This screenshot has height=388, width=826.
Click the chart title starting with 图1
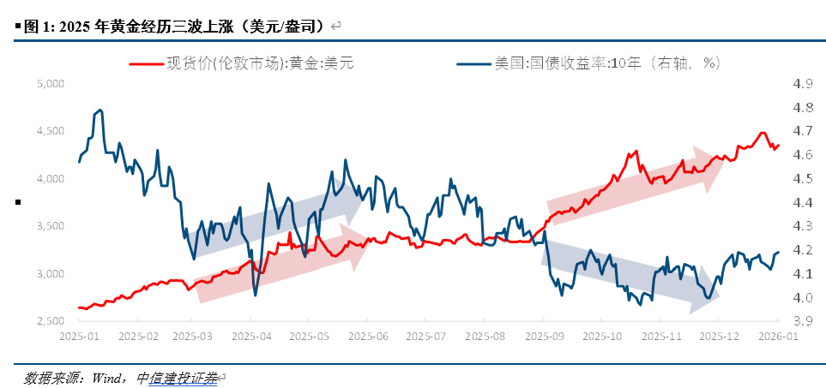click(172, 27)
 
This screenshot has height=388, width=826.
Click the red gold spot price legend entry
click(242, 63)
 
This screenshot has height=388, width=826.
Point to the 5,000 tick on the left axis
click(51, 84)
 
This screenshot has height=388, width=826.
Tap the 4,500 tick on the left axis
click(51, 131)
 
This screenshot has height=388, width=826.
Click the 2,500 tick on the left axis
click(51, 321)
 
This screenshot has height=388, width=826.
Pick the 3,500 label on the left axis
click(51, 226)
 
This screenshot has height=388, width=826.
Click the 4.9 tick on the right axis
click(803, 84)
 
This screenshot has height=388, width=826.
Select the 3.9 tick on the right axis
click(803, 321)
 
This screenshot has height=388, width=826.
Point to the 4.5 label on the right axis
click(803, 179)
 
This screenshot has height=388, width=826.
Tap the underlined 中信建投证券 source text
click(177, 377)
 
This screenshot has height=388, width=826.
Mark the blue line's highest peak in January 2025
click(100, 110)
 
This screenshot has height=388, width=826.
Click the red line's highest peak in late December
click(762, 133)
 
